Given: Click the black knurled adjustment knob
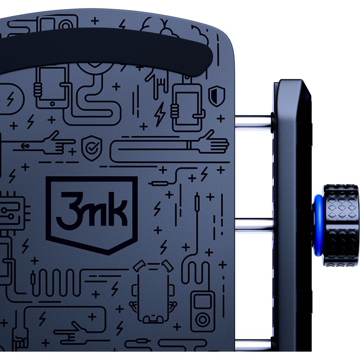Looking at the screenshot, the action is [340, 226].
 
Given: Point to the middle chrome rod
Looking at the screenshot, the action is [254, 225].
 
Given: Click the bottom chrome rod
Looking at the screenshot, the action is [253, 345].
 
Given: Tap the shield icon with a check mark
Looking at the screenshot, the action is [92, 148].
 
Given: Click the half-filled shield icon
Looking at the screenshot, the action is [216, 96].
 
